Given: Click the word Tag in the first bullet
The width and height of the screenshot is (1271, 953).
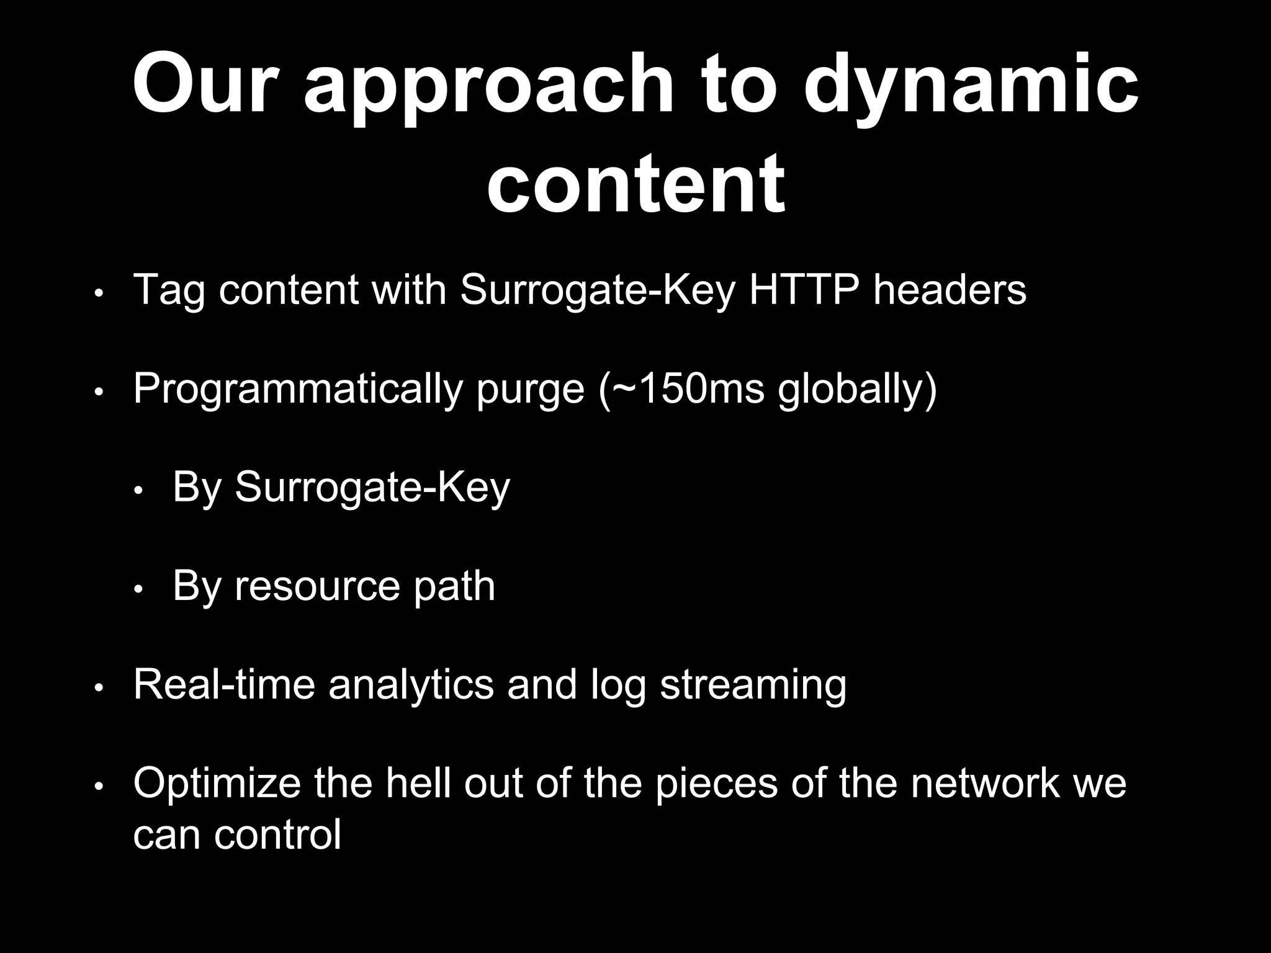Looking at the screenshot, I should coord(168,290).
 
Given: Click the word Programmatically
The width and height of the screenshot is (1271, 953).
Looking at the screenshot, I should coord(298,389).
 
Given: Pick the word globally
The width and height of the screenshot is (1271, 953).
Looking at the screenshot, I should coord(850,389).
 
